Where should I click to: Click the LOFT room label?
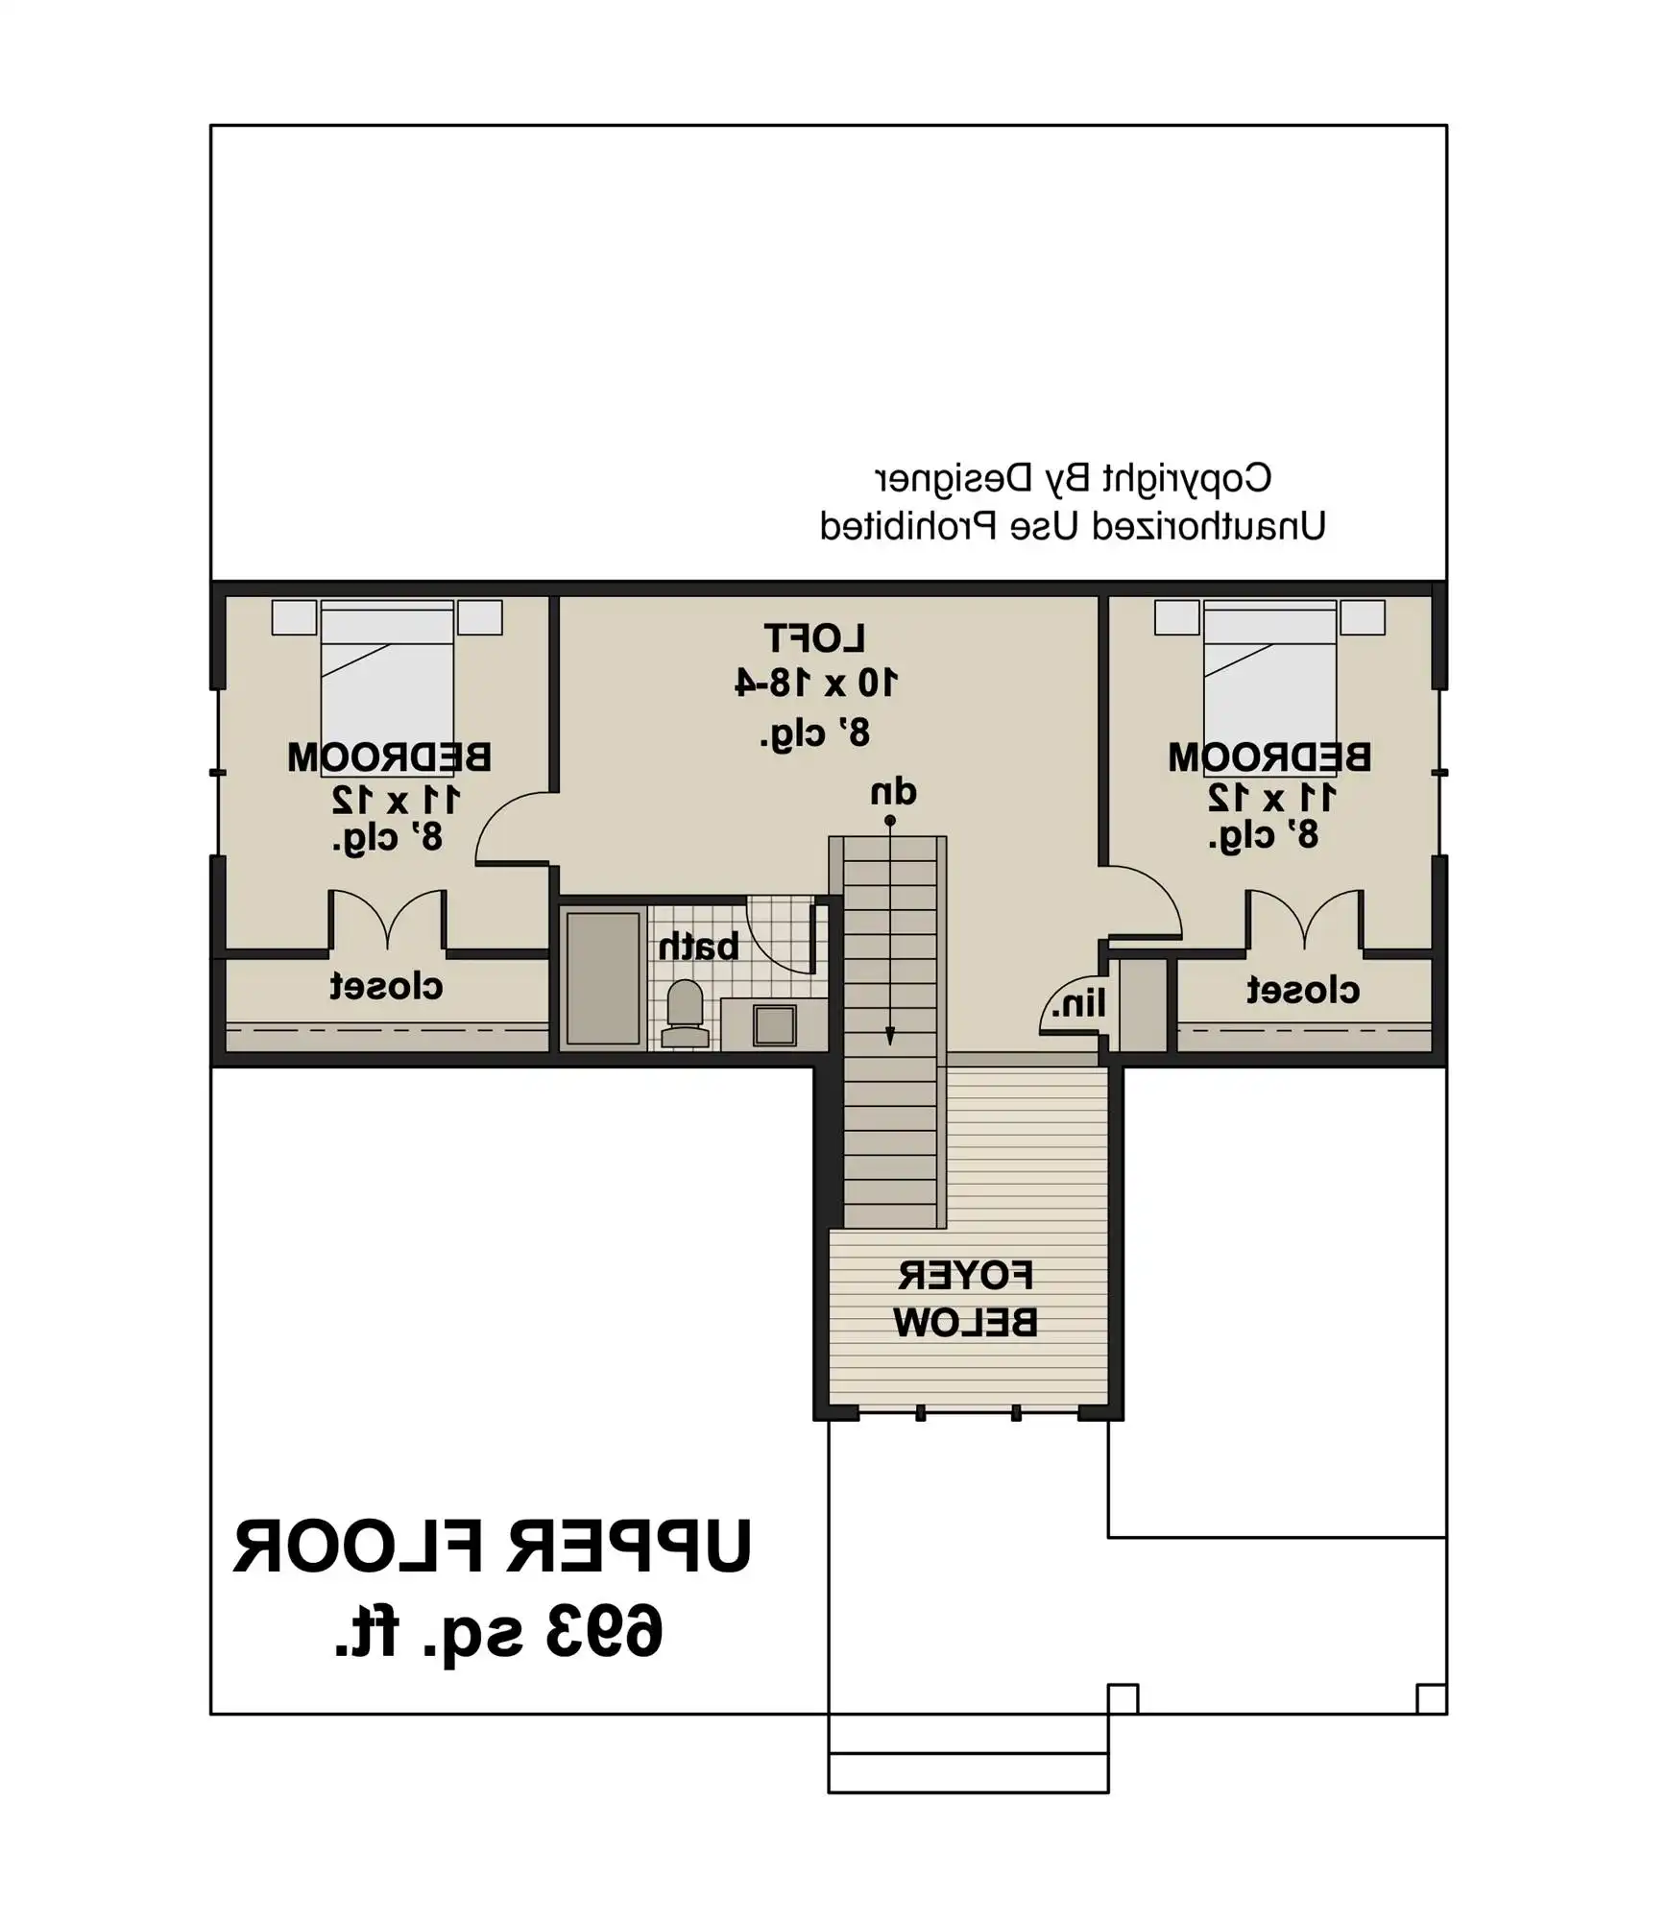[x=814, y=638]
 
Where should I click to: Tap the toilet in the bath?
[x=685, y=1013]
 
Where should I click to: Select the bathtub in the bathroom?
[x=603, y=978]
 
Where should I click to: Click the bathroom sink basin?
[x=774, y=1025]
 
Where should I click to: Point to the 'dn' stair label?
[x=893, y=793]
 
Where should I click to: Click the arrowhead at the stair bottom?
[x=890, y=1037]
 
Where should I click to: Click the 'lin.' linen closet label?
[x=1078, y=1004]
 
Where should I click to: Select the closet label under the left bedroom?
[x=386, y=986]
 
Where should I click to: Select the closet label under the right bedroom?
[x=1303, y=990]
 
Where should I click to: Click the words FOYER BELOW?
[x=966, y=1300]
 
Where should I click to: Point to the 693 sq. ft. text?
[x=499, y=1631]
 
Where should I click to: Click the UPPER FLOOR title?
[x=493, y=1547]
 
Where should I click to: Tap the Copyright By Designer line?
[x=1073, y=477]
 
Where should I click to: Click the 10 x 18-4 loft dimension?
[x=816, y=683]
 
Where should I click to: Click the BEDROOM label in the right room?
[x=1269, y=757]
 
